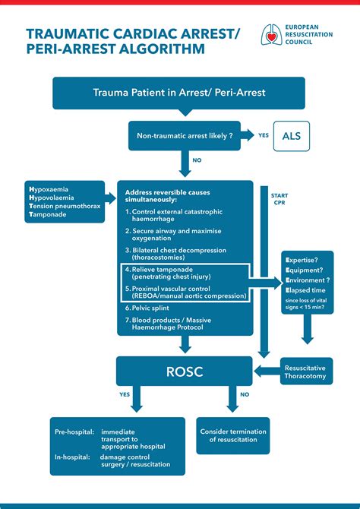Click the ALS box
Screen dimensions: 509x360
pos(291,136)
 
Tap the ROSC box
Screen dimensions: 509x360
pos(185,371)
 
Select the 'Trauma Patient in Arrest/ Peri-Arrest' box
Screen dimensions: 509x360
pos(178,93)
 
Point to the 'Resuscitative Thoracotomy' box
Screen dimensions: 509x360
pos(307,371)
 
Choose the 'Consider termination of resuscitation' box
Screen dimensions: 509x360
pos(232,435)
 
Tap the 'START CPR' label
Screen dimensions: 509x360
pos(279,199)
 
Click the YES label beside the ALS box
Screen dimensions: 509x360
pos(264,135)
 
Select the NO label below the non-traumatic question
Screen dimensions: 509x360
pos(197,161)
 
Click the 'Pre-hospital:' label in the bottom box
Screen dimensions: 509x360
pos(74,432)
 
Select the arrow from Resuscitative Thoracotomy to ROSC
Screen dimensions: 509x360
pos(268,371)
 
